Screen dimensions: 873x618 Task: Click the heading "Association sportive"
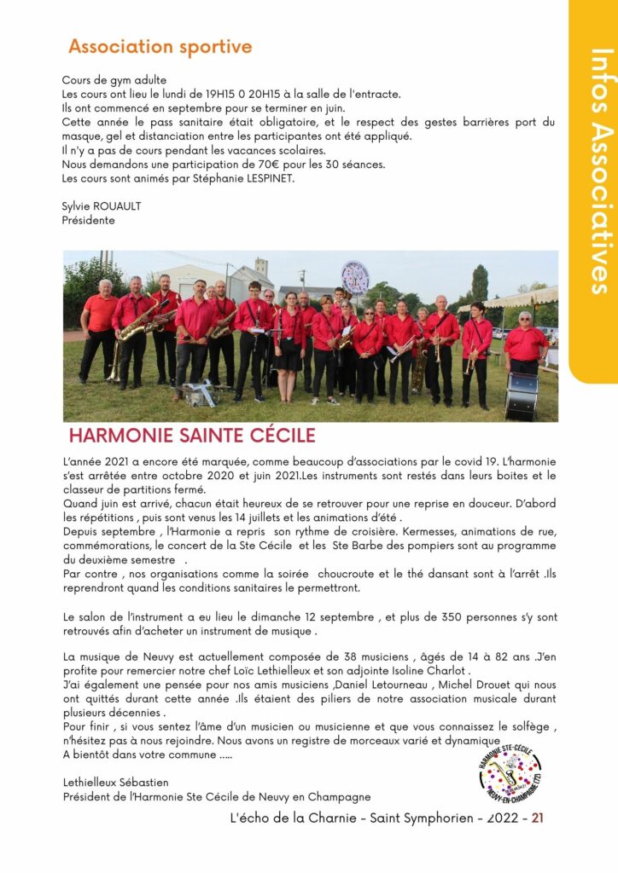click(160, 46)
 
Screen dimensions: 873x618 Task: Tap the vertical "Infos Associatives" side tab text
click(601, 171)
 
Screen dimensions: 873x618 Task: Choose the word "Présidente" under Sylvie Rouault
click(88, 220)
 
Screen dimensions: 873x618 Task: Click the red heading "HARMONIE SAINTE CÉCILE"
click(192, 436)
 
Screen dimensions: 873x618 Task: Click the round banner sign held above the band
click(354, 277)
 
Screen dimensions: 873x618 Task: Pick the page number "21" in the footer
click(538, 818)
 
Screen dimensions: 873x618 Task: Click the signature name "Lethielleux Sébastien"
click(115, 782)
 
